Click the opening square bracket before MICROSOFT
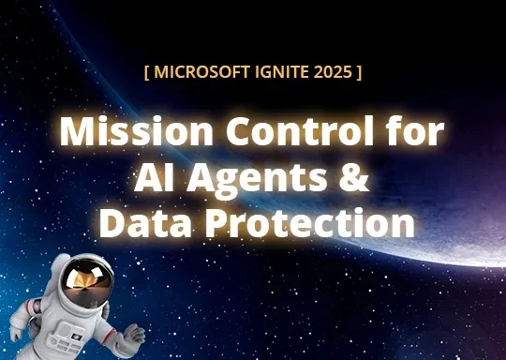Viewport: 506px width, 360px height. click(x=147, y=71)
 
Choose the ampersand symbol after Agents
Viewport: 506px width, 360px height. click(x=352, y=177)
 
